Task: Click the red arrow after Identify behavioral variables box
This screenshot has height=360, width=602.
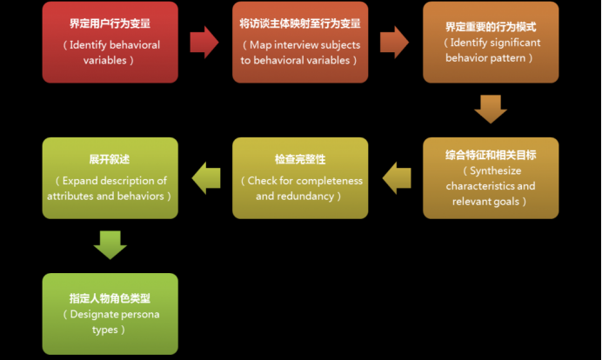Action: (204, 42)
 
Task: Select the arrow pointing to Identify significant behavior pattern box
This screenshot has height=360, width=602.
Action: (394, 42)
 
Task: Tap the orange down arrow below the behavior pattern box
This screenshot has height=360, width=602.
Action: (491, 109)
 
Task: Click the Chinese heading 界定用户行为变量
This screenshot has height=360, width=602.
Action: (110, 24)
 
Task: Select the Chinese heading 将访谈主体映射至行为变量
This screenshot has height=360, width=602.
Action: (299, 24)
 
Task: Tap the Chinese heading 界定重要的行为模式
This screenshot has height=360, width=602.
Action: (491, 27)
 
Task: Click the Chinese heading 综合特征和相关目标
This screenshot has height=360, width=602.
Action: (491, 155)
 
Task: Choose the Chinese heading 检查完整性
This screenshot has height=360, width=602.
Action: (299, 160)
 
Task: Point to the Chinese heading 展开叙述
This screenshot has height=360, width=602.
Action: (110, 160)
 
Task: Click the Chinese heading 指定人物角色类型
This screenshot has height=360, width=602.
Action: (110, 298)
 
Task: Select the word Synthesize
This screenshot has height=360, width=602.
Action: (494, 170)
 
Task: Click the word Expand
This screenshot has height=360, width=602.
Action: (81, 181)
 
